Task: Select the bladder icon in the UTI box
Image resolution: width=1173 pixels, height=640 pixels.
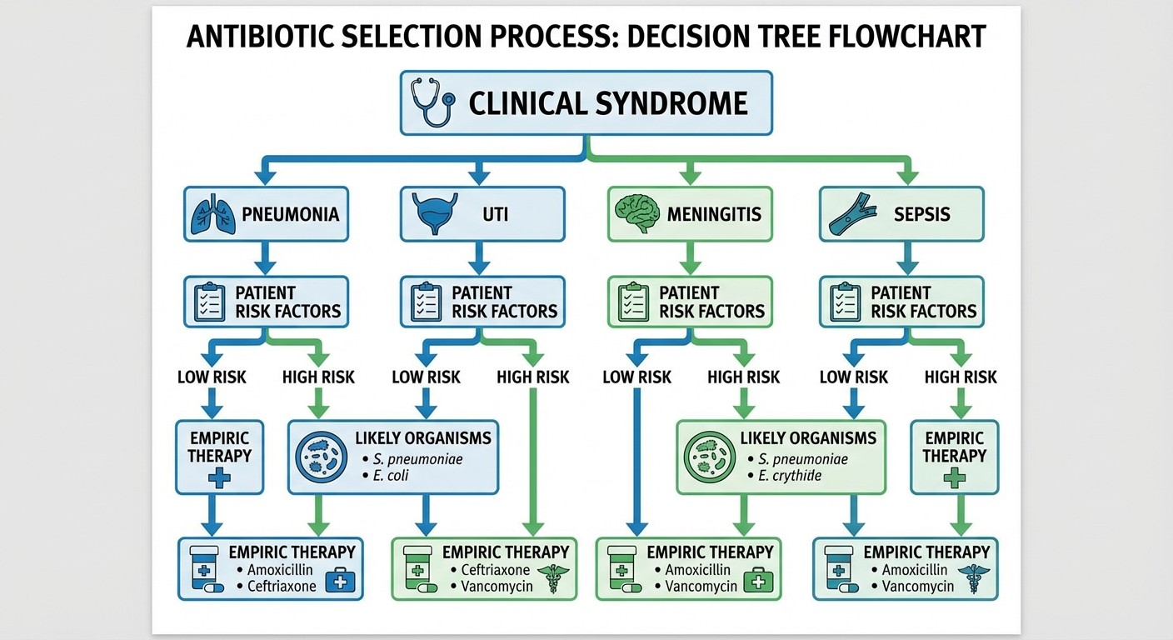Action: (x=435, y=214)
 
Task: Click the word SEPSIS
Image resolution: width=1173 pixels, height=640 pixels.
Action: (x=921, y=214)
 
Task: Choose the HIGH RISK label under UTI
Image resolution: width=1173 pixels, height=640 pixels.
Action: (x=532, y=377)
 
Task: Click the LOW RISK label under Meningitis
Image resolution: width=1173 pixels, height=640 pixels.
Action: (x=636, y=377)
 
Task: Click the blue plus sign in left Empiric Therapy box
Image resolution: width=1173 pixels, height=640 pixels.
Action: (x=219, y=477)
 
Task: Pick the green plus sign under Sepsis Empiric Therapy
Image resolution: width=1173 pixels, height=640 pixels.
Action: (x=954, y=477)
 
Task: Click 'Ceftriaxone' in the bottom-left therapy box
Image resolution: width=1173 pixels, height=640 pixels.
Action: (x=282, y=586)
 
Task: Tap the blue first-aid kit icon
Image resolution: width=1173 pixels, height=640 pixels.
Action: (x=338, y=579)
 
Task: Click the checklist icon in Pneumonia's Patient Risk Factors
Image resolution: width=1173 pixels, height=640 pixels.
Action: (x=209, y=302)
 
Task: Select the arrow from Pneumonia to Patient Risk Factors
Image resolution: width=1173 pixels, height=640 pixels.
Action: (x=265, y=259)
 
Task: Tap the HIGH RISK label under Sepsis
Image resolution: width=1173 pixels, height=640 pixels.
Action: (x=961, y=377)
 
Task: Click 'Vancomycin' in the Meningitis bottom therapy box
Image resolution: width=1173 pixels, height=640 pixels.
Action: (x=701, y=586)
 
